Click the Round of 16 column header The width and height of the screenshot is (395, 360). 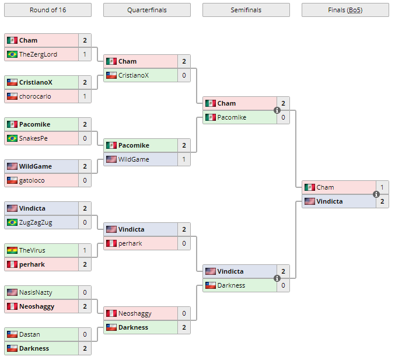47,10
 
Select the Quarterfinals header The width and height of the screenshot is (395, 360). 146,10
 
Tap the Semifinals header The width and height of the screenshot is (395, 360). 246,10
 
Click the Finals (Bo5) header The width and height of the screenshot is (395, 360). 345,10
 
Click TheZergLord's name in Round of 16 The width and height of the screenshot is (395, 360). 38,54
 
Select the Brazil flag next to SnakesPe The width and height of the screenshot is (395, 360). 12,138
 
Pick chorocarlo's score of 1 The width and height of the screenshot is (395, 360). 85,96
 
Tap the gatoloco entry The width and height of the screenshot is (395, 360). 32,180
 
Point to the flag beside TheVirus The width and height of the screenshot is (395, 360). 12,250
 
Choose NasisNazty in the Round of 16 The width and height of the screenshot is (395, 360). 37,292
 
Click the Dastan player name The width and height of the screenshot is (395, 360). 30,334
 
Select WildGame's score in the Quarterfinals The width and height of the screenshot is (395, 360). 184,159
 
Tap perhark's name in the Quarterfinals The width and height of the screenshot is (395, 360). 130,243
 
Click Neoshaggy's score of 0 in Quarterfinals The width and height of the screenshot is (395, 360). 184,313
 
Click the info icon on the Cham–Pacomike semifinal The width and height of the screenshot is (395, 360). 277,110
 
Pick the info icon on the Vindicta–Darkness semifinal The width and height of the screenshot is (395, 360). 277,278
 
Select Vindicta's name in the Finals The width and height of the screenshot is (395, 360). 330,201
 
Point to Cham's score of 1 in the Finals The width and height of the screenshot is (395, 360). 382,187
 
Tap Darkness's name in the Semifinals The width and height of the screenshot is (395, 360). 231,285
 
